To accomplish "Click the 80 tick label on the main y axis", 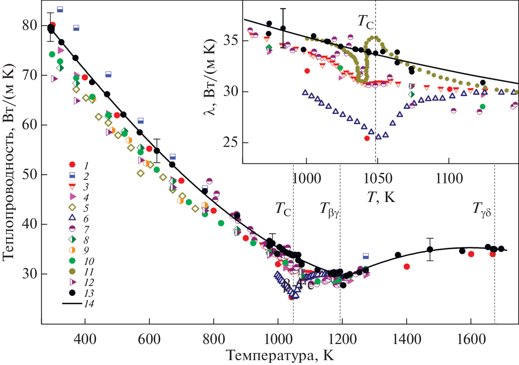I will pyautogui.click(x=30, y=25).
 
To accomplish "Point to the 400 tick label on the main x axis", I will pyautogui.click(x=85, y=339).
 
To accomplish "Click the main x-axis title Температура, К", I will pyautogui.click(x=280, y=355).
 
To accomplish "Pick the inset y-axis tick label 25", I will pyautogui.click(x=231, y=143).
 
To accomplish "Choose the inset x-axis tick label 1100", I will pyautogui.click(x=449, y=178).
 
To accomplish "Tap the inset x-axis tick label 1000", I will pyautogui.click(x=307, y=178).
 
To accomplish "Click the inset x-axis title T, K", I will pyautogui.click(x=381, y=197).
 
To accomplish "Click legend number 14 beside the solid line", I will pyautogui.click(x=89, y=304).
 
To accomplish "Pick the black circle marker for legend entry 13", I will pyautogui.click(x=72, y=293).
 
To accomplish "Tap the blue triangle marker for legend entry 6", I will pyautogui.click(x=72, y=218).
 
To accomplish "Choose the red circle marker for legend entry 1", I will pyautogui.click(x=72, y=165).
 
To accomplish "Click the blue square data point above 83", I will pyautogui.click(x=60, y=9).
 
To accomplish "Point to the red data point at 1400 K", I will pyautogui.click(x=406, y=267).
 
